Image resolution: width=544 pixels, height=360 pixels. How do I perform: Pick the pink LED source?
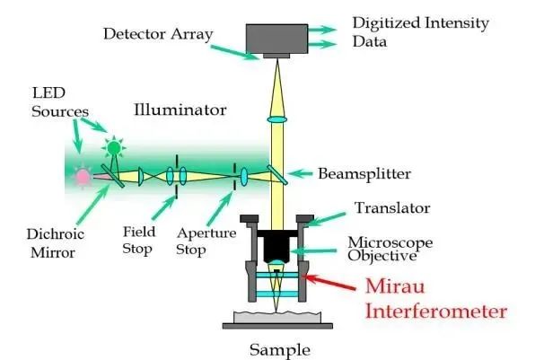coord(83,176)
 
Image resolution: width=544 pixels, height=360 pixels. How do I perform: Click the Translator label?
coord(390,208)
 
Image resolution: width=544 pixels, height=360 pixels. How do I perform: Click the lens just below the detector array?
coord(278,119)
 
